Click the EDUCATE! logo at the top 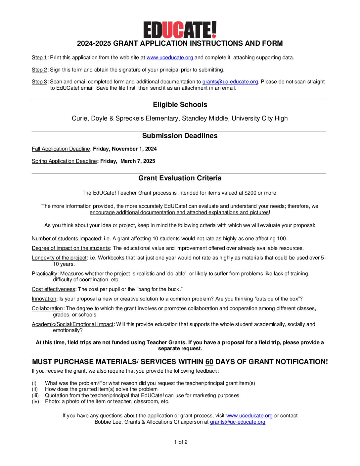(x=180, y=30)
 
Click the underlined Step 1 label (x=39, y=58)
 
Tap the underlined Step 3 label (x=39, y=82)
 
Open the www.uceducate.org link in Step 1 (x=169, y=58)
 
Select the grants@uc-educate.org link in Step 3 (x=230, y=82)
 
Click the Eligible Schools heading (x=180, y=105)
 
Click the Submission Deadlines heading (x=180, y=136)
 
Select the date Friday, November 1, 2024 (x=125, y=149)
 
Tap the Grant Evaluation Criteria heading (x=180, y=178)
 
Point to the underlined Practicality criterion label (x=44, y=274)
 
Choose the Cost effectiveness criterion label (x=53, y=289)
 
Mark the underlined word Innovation (x=44, y=299)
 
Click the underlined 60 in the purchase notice (x=209, y=362)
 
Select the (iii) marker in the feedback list (x=35, y=396)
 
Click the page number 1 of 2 (x=181, y=442)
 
